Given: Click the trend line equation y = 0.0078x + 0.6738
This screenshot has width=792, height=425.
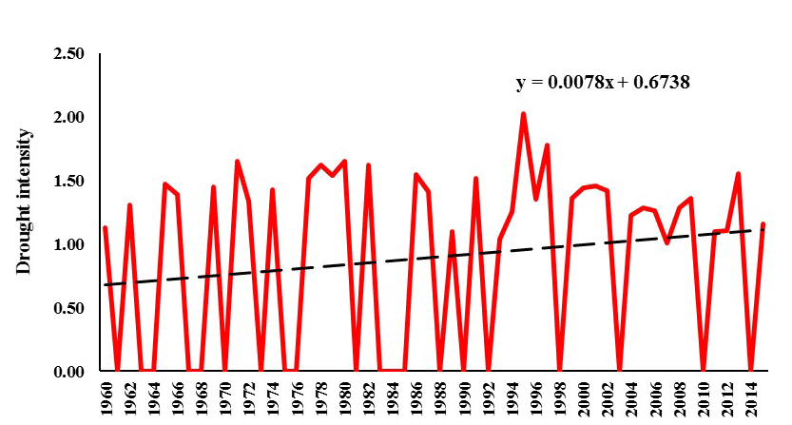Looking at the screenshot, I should [x=602, y=83].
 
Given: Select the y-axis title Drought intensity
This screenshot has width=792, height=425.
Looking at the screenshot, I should [x=25, y=203].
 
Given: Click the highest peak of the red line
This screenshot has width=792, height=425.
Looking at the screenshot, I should [x=524, y=114].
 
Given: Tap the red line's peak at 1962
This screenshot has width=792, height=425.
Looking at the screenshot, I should [x=129, y=205].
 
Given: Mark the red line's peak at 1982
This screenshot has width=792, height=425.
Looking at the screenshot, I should [x=368, y=165].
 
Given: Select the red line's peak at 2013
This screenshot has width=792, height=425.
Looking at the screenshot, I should [x=739, y=174].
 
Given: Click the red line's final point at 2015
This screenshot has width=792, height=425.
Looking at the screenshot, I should [x=763, y=224].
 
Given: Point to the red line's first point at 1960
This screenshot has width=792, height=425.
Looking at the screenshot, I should [x=105, y=228].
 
